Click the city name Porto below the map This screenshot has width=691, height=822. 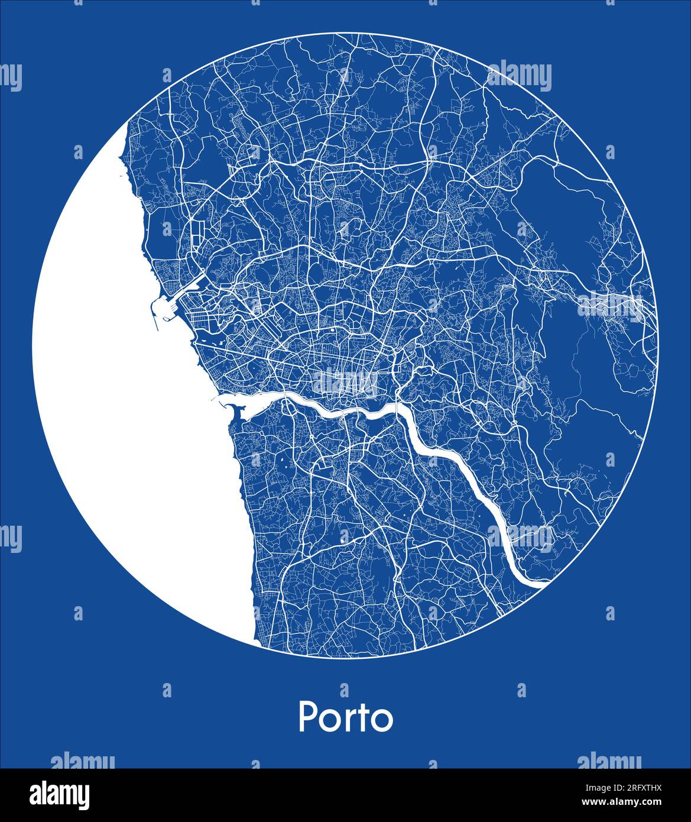[346, 717]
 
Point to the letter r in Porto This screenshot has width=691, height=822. [351, 720]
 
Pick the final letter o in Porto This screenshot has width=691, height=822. [382, 720]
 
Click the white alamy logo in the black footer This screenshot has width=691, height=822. [60, 794]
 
